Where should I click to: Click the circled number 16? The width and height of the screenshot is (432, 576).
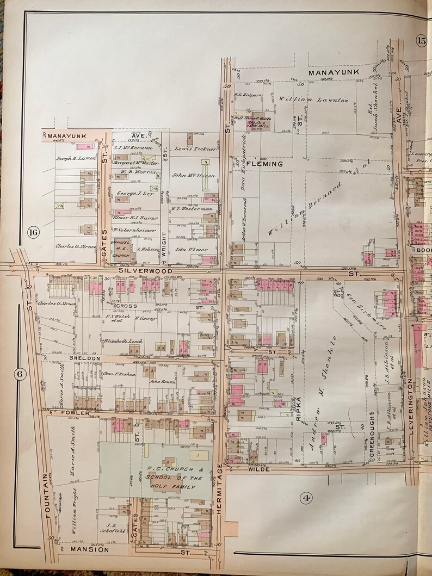33,233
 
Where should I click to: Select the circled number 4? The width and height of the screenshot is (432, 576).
306,498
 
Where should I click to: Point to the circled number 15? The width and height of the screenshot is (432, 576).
421,40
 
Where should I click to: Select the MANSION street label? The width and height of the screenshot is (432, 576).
90,549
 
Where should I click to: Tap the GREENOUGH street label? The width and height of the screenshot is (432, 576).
372,445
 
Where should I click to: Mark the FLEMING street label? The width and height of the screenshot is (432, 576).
265,163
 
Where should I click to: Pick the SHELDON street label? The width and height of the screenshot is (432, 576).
84,358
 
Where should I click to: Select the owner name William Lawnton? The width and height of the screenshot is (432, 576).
314,100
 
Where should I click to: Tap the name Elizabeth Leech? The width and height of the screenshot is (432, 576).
124,341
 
